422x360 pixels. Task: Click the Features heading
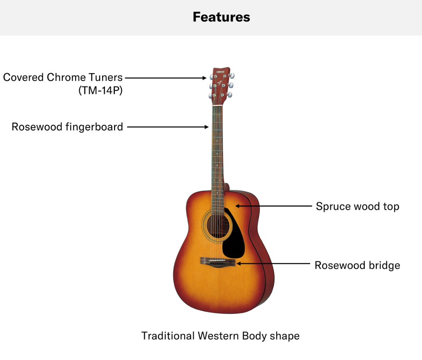[221, 17]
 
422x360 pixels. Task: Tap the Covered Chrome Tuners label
[63, 77]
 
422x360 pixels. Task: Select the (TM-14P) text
[101, 90]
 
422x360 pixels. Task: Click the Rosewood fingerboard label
[67, 127]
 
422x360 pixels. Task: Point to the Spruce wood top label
[357, 206]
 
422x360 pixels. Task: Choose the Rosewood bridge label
[357, 266]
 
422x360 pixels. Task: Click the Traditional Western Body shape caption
[221, 336]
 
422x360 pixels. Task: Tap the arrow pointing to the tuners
[166, 78]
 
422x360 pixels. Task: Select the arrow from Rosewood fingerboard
[168, 127]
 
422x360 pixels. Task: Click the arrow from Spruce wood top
[273, 206]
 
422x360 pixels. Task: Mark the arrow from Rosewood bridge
[273, 264]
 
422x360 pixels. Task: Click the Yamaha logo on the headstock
[221, 72]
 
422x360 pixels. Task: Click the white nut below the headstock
[217, 106]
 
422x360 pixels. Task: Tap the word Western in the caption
[218, 336]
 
